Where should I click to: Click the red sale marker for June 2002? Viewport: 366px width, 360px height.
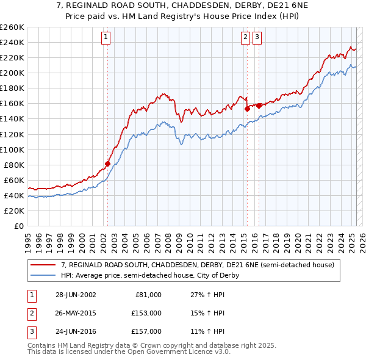pos(108,164)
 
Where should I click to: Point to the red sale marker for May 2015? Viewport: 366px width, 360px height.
pos(247,109)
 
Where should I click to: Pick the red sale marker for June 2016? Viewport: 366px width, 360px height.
pos(259,106)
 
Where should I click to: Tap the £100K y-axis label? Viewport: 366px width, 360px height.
pos(12,149)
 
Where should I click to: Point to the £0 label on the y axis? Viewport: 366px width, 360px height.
pos(18,226)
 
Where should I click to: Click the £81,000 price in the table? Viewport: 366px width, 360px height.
pos(148,295)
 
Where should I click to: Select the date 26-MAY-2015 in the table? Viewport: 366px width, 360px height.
pos(76,313)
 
